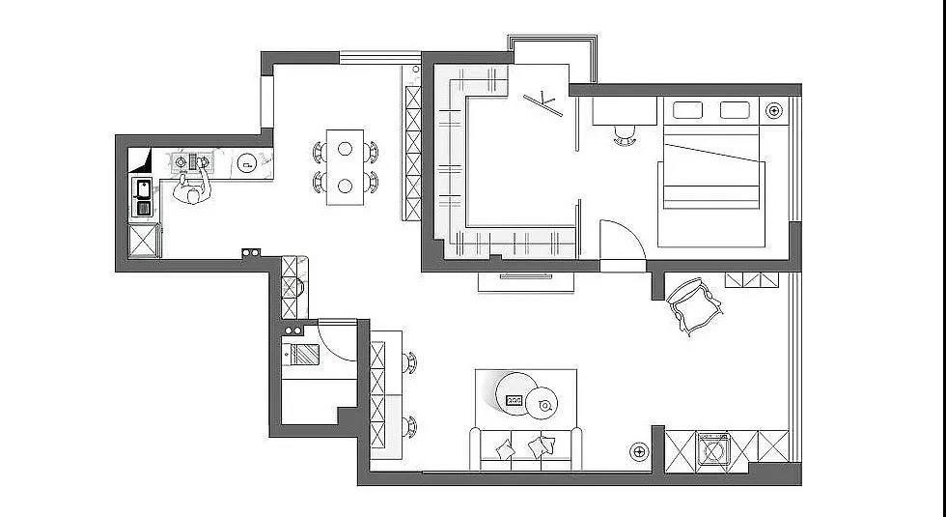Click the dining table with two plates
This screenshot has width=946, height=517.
click(346, 166)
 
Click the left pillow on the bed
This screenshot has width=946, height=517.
click(687, 110)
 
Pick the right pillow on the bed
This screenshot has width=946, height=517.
click(736, 110)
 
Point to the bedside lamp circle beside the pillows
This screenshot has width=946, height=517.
click(773, 111)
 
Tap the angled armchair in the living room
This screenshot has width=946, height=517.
click(695, 305)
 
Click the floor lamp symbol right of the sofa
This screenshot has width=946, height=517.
click(639, 450)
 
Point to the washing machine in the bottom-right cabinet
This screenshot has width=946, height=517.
click(713, 449)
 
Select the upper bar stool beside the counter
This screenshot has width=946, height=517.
click(410, 361)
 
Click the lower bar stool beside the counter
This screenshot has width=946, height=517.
click(410, 425)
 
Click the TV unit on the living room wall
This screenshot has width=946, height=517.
click(527, 280)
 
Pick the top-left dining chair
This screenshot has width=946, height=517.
click(320, 151)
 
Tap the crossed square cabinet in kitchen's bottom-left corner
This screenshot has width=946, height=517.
click(144, 241)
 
